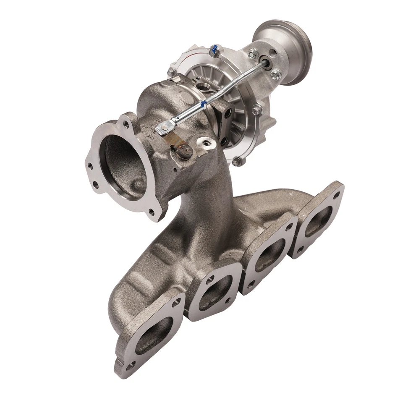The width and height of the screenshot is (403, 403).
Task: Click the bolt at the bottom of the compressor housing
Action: point(238,161)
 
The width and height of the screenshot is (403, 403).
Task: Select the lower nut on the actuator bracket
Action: point(276,75)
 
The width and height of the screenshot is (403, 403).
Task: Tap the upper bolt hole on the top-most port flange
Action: point(336,195)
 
